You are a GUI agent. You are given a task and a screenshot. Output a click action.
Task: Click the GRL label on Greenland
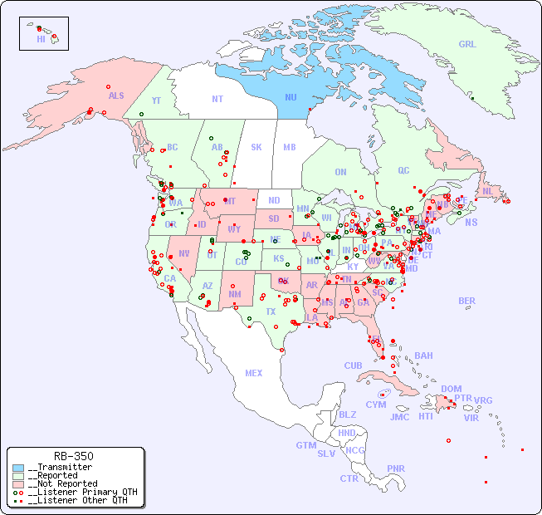pyautogui.click(x=467, y=44)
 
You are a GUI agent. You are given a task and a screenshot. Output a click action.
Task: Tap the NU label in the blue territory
pyautogui.click(x=291, y=97)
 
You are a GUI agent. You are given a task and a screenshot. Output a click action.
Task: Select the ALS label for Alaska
pyautogui.click(x=116, y=96)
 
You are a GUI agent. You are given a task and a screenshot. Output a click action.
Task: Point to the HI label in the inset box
pyautogui.click(x=41, y=38)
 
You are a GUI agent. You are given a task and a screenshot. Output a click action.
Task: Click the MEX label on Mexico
pyautogui.click(x=254, y=373)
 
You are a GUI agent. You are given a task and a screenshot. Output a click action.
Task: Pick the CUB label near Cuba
pyautogui.click(x=353, y=365)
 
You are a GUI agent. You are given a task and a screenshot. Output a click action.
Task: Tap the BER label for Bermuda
pyautogui.click(x=466, y=301)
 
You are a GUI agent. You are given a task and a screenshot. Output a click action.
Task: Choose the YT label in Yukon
pyautogui.click(x=155, y=100)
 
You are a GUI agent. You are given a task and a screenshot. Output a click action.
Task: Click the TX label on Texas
pyautogui.click(x=270, y=311)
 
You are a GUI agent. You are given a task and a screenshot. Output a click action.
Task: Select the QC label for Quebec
pyautogui.click(x=403, y=170)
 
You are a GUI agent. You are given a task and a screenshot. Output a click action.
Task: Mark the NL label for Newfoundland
pyautogui.click(x=487, y=190)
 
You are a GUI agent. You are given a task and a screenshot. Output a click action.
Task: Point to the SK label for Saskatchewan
pyautogui.click(x=256, y=147)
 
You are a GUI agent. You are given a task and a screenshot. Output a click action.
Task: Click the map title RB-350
pyautogui.click(x=73, y=456)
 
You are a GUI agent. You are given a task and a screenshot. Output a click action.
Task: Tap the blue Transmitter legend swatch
pyautogui.click(x=18, y=468)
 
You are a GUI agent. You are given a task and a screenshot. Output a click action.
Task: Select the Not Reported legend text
pyautogui.click(x=62, y=483)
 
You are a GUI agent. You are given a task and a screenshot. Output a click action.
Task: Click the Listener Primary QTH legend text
pyautogui.click(x=77, y=492)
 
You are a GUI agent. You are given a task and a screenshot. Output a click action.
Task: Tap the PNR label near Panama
pyautogui.click(x=396, y=468)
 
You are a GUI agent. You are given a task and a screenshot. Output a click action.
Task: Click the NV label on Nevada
pyautogui.click(x=183, y=253)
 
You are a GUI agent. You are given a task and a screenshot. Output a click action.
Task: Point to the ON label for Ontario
pyautogui.click(x=340, y=172)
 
